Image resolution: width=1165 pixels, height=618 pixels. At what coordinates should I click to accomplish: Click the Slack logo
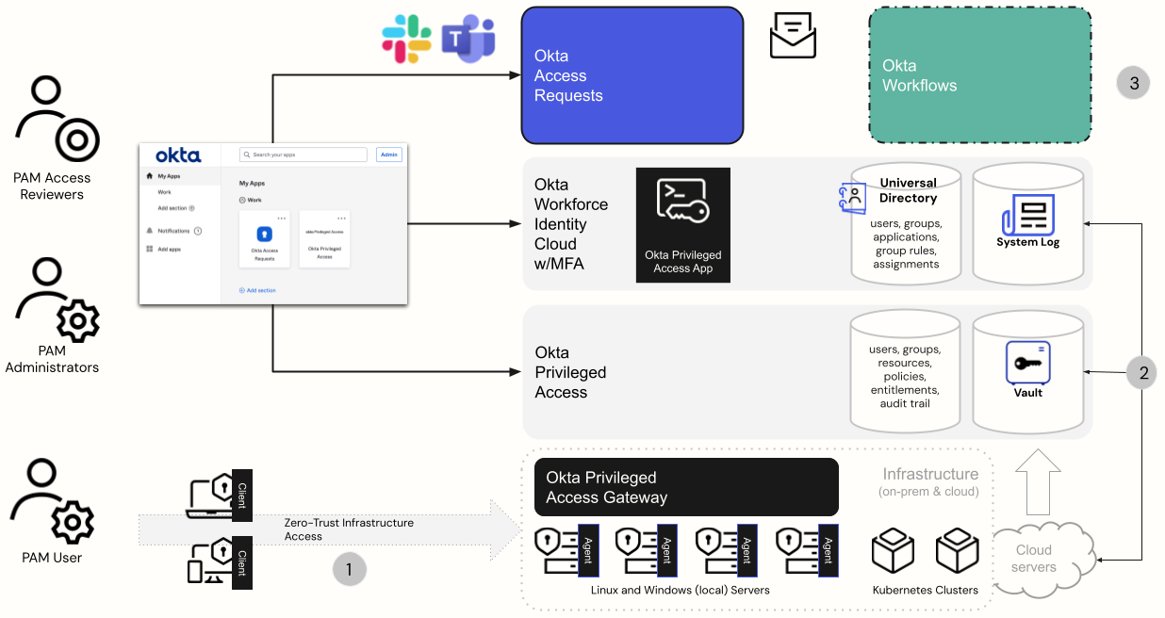click(x=406, y=40)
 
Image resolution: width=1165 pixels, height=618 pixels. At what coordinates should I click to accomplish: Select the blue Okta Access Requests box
click(x=632, y=75)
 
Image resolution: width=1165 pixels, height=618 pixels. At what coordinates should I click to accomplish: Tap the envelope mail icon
click(x=793, y=36)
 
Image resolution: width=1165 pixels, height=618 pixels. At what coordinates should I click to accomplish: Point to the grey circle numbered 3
click(x=1134, y=83)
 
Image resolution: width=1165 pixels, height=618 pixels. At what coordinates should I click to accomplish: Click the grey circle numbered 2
click(x=1143, y=373)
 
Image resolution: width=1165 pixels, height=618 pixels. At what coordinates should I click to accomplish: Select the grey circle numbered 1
click(x=349, y=569)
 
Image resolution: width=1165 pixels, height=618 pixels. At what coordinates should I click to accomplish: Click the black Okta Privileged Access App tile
click(x=682, y=225)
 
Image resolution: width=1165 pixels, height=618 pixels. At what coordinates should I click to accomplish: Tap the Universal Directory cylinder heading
click(x=908, y=190)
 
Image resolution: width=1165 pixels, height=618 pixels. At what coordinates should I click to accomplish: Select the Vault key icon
click(x=1027, y=363)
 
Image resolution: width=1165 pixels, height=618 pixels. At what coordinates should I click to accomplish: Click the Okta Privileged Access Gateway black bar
click(x=686, y=487)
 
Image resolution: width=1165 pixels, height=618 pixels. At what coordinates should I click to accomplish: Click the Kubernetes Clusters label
click(x=925, y=590)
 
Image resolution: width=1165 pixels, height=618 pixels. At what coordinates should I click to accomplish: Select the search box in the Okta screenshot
click(x=303, y=154)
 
